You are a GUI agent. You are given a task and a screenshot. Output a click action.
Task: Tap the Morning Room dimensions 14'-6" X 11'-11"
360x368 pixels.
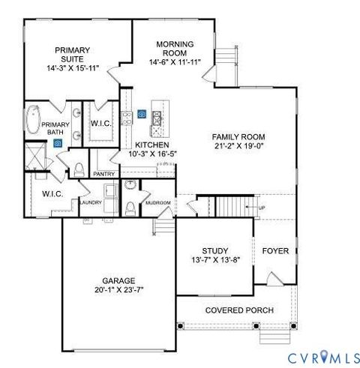click(x=175, y=62)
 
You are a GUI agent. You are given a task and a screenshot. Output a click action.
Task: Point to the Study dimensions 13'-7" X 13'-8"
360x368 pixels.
click(x=214, y=261)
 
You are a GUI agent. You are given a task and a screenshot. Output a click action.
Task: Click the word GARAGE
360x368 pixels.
click(x=119, y=280)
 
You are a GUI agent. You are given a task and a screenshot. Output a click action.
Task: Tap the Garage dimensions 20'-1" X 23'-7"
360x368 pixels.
click(x=119, y=289)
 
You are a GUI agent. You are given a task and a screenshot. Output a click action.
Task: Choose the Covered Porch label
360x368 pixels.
click(x=239, y=310)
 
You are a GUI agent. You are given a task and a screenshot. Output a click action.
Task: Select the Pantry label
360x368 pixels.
click(x=103, y=173)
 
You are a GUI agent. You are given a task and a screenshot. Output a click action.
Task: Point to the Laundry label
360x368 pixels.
click(x=91, y=202)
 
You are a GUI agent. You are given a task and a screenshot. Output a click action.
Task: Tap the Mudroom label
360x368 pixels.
click(x=158, y=202)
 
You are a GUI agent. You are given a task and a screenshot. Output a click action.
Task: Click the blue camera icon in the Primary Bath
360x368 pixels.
click(x=57, y=140)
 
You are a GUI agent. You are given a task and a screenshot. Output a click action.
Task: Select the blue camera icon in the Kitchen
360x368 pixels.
click(x=142, y=114)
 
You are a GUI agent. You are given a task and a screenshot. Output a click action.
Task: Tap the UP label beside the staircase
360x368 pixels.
click(x=261, y=208)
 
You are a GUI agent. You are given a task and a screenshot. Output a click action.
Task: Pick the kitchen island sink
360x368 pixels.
click(x=157, y=116)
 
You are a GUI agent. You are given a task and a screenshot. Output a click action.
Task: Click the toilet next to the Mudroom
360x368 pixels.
click(x=130, y=206)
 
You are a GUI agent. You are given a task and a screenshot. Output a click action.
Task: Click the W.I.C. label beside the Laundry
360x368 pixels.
click(x=52, y=193)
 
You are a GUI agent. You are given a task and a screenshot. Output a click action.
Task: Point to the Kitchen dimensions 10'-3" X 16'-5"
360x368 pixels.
click(x=151, y=154)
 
